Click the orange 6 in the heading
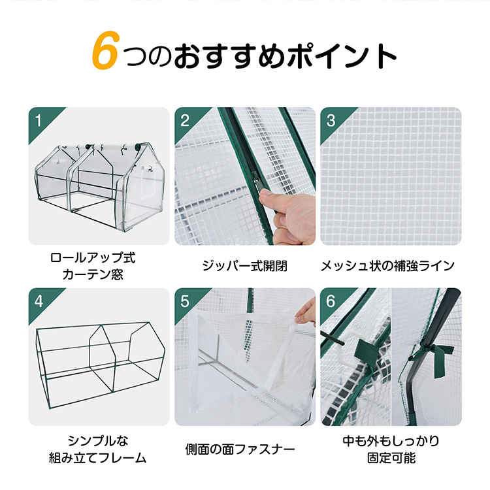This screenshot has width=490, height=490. [105, 50]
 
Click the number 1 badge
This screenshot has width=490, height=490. [39, 121]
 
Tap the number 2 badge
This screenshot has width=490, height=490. [185, 121]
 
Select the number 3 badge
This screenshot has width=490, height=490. [331, 121]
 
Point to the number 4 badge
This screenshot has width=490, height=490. [39, 302]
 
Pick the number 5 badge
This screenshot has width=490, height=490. [185, 302]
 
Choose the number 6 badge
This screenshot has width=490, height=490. [331, 302]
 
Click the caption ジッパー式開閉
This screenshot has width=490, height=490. [244, 266]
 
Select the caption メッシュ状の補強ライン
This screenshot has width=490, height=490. [387, 266]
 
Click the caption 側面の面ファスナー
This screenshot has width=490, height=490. [240, 449]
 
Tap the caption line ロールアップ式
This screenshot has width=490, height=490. [93, 258]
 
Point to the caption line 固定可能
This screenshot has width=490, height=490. [391, 458]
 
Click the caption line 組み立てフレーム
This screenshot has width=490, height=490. [98, 458]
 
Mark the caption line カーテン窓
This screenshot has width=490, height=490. [93, 274]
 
